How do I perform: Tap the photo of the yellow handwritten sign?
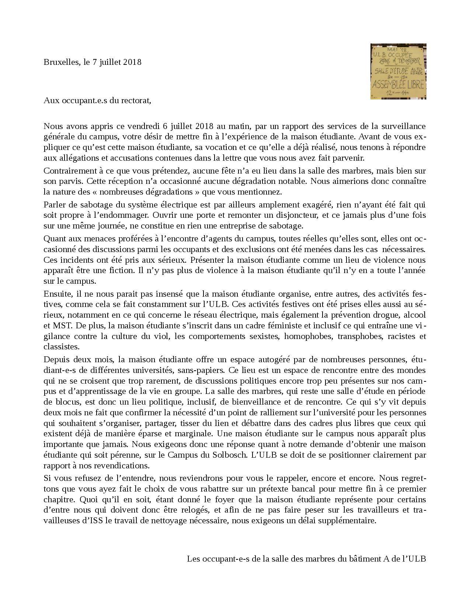tap(398, 71)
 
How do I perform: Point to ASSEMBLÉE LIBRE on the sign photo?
tap(398, 84)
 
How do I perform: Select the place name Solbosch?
tap(231, 455)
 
